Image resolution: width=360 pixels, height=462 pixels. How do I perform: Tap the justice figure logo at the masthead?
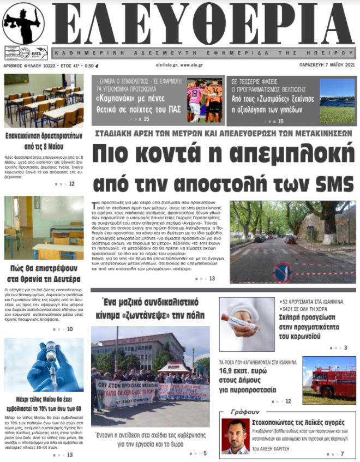pos(23,23)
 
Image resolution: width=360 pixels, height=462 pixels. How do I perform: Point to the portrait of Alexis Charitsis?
pos(236,436)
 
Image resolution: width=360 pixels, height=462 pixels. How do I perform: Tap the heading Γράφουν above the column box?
pos(245,412)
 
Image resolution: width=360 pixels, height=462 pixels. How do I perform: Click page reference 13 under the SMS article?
pos(212,279)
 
